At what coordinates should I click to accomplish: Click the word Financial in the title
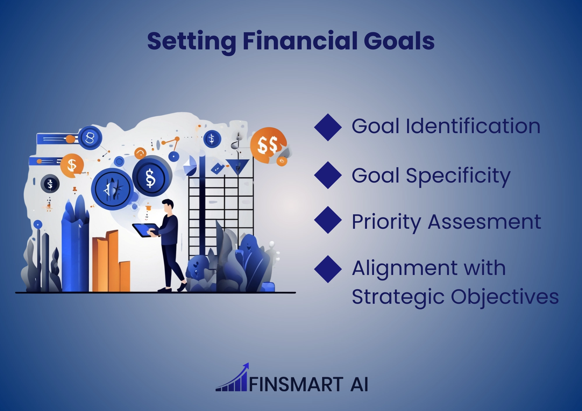pos(300,41)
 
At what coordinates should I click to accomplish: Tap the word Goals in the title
pos(399,41)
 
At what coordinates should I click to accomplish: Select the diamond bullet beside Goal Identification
pos(328,127)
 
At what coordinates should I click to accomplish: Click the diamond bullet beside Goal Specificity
pos(328,175)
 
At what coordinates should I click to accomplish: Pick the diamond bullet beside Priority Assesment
pos(328,220)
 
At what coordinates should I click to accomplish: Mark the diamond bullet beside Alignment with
pos(328,269)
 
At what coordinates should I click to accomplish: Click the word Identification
pos(473,126)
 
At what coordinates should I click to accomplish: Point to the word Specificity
pos(458,176)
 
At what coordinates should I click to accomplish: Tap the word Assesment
pos(485,222)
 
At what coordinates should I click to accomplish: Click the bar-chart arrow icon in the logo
pos(232,377)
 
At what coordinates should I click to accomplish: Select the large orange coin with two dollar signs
pos(268,145)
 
